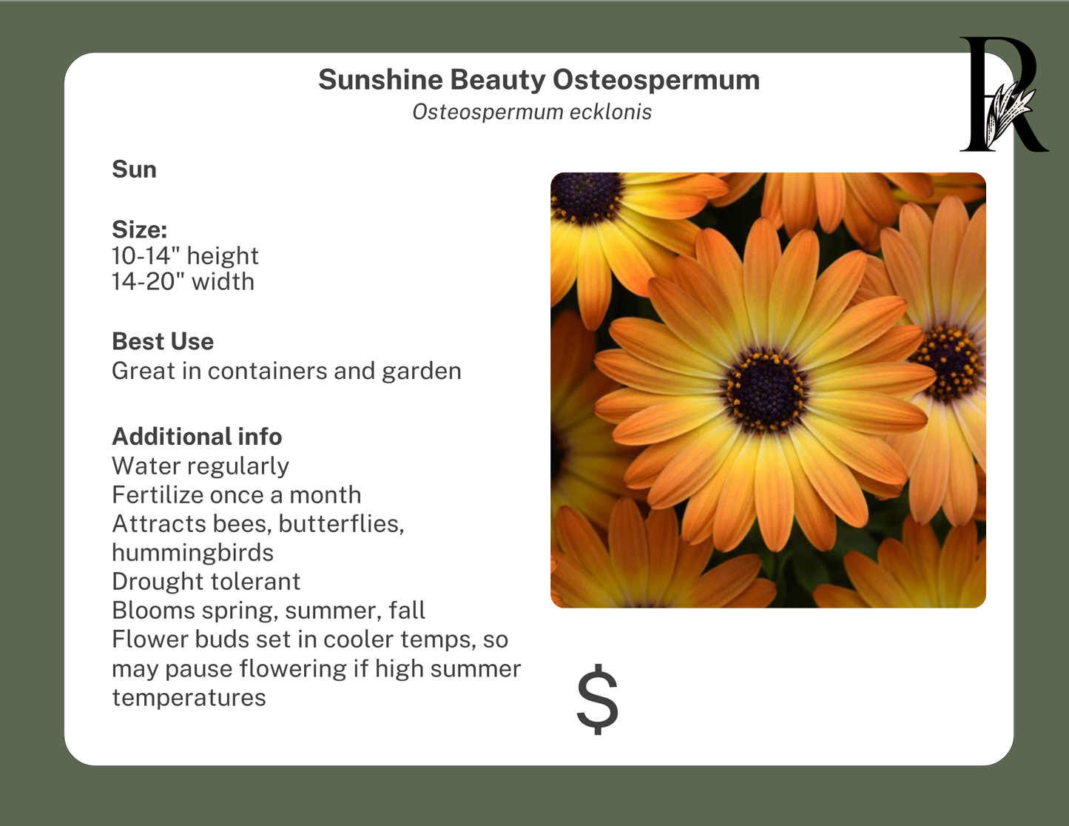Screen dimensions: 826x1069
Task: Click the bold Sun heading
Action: pyautogui.click(x=134, y=169)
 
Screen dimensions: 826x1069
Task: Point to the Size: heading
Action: pyautogui.click(x=139, y=229)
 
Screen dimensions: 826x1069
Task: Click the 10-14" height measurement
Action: pyautogui.click(x=185, y=256)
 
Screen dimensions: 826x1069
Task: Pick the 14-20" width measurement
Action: pyautogui.click(x=183, y=282)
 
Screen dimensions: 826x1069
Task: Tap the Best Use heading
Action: pyautogui.click(x=163, y=341)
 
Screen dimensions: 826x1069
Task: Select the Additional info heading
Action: pyautogui.click(x=197, y=437)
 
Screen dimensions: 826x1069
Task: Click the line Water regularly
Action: pyautogui.click(x=200, y=466)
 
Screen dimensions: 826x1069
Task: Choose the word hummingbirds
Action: pyautogui.click(x=192, y=553)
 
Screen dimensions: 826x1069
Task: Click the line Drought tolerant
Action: pyautogui.click(x=206, y=582)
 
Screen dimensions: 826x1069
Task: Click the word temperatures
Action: pyautogui.click(x=189, y=698)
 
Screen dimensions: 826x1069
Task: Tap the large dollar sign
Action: pyautogui.click(x=597, y=699)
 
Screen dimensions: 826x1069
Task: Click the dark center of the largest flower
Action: pyautogui.click(x=765, y=390)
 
